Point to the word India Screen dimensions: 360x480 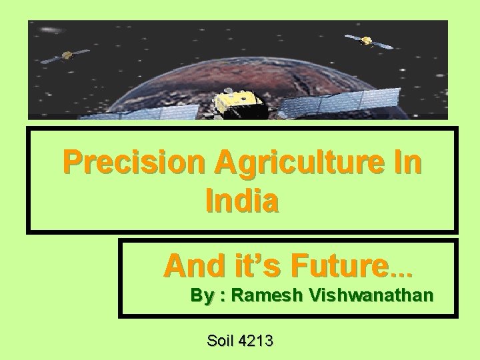click(x=242, y=201)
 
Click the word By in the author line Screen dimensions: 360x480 click(x=199, y=295)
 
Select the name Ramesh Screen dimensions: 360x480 click(x=263, y=295)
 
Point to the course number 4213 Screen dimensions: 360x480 click(x=256, y=341)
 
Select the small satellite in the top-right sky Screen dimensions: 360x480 click(x=367, y=41)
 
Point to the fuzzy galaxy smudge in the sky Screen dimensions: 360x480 click(x=50, y=31)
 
